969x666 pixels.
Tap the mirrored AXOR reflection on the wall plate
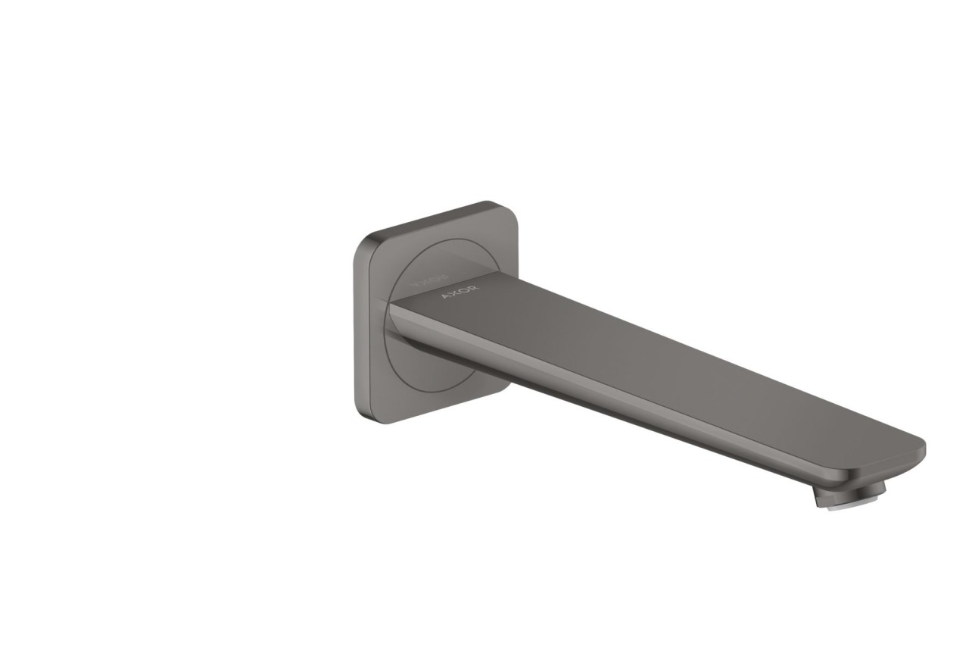coord(428,281)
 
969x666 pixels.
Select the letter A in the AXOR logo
coord(445,300)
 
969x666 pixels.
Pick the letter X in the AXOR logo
coord(453,296)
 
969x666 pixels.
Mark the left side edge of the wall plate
coord(357,326)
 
